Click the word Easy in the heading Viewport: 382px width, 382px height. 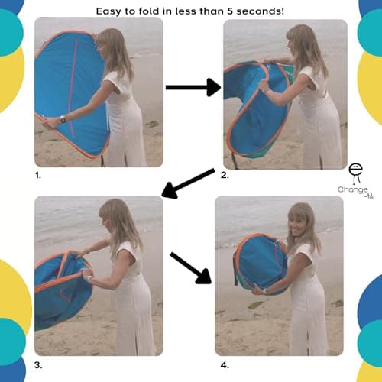111,11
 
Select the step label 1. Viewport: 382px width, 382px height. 38,175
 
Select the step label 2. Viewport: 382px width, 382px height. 225,175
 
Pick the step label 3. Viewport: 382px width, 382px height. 38,364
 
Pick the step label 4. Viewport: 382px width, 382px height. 225,364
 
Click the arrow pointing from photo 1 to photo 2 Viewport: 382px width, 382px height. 192,88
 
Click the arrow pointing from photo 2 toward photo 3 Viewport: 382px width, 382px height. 187,183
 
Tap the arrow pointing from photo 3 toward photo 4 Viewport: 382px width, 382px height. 191,267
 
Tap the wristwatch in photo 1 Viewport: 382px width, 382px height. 62,119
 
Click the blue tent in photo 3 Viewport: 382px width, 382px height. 61,286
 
